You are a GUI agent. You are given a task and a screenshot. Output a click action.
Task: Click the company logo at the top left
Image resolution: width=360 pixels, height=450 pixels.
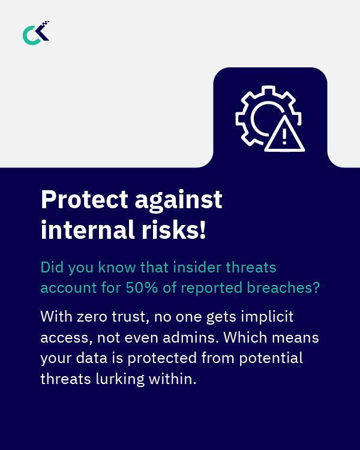click(36, 33)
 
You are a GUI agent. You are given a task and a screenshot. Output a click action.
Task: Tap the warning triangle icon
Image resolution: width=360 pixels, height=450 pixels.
click(284, 136)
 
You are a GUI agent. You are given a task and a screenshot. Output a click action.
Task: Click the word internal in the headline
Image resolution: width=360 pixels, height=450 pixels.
click(85, 230)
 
